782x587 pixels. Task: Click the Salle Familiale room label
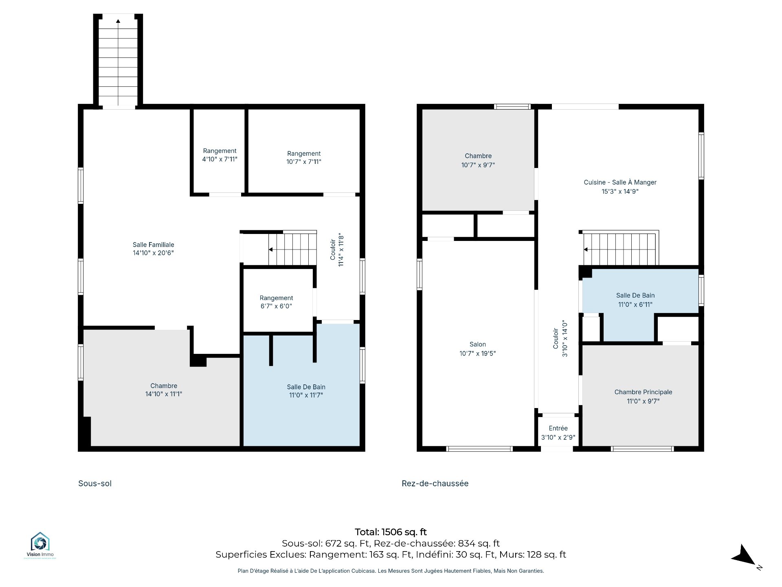(153, 249)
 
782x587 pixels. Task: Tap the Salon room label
(477, 349)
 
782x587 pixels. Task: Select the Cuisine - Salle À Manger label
(620, 187)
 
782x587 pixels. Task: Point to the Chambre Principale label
(643, 397)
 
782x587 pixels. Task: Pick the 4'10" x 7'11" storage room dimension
(220, 159)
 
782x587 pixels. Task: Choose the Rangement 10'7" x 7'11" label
(304, 158)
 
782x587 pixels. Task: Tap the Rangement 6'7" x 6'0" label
(276, 302)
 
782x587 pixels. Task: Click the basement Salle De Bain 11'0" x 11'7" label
(306, 391)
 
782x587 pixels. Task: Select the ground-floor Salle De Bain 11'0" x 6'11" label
(635, 300)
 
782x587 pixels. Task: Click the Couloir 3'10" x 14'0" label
(560, 338)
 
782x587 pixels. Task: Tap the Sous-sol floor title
(95, 483)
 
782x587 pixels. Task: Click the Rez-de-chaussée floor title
(435, 483)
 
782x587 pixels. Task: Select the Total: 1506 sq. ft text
(391, 532)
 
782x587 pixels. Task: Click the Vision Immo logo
(40, 545)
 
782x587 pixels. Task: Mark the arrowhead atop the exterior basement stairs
(118, 21)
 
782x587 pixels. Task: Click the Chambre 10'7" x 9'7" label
(478, 161)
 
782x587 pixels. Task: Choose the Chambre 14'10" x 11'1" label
(164, 390)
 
